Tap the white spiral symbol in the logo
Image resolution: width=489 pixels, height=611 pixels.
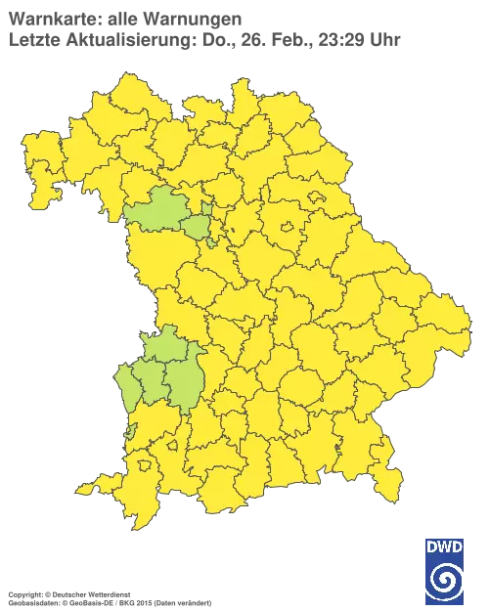(445, 581)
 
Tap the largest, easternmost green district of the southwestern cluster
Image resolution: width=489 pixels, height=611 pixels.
(182, 381)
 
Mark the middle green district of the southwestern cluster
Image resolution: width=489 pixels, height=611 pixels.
(153, 381)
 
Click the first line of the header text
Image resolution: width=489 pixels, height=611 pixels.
(122, 17)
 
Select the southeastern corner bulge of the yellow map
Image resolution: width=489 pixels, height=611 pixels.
(391, 477)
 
